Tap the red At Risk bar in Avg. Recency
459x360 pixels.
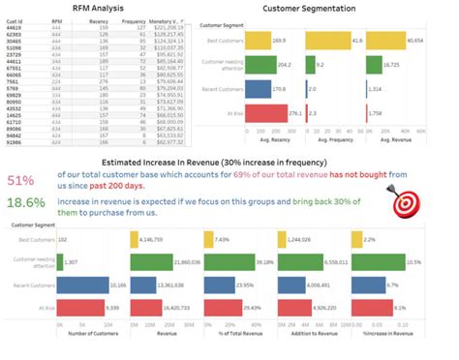[x=260, y=114]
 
